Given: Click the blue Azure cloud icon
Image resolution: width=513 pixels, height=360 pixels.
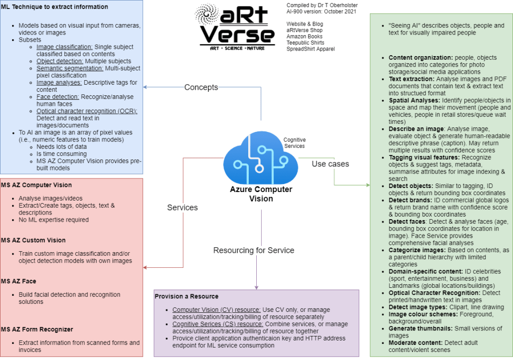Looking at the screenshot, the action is tap(261, 157).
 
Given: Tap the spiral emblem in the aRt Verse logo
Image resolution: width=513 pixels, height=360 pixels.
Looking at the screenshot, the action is tap(207, 14).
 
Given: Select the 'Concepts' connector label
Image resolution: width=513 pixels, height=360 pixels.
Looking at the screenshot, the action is tap(201, 87).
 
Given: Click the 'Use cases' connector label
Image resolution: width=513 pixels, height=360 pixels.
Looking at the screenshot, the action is tap(330, 164).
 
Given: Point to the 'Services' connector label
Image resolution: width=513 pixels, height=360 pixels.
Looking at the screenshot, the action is tap(182, 208).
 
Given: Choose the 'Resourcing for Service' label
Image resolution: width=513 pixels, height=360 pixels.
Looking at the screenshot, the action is tap(254, 251).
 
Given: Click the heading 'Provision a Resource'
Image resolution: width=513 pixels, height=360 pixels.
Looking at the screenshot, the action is tap(187, 296).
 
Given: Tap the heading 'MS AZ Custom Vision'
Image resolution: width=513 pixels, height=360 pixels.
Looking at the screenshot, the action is tap(33, 240).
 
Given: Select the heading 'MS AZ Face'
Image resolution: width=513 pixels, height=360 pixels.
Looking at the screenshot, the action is tap(19, 281).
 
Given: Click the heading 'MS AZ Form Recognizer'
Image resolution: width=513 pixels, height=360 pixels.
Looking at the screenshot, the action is tap(37, 329).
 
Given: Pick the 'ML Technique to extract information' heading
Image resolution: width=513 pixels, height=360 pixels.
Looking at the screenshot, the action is tap(54, 7).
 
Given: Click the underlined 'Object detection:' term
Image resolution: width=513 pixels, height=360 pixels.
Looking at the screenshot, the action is tap(60, 61).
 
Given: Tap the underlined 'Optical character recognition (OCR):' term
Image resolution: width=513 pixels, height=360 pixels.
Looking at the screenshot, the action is tap(87, 111).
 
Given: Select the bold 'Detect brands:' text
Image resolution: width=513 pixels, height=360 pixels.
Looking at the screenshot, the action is tap(410, 200).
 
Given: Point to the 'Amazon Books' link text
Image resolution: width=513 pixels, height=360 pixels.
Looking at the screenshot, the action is tap(304, 37).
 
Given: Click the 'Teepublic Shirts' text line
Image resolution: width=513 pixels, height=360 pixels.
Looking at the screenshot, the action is tap(305, 43).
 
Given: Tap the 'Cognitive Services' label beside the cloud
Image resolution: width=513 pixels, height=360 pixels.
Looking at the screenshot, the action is tap(294, 143).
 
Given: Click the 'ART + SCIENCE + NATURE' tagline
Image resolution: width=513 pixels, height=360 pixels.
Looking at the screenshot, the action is tap(237, 49).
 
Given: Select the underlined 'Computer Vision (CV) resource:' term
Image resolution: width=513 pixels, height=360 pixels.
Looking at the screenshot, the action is tap(217, 310).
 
